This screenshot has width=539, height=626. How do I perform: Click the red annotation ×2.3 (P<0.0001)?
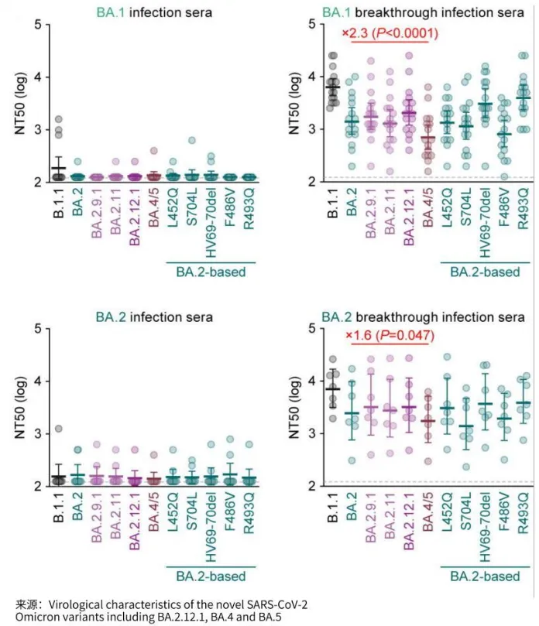pos(390,33)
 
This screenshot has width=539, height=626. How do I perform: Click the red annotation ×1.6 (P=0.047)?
pos(390,337)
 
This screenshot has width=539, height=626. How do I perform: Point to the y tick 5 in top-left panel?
pos(38,24)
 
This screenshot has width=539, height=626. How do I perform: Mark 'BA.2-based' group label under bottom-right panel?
pos(484,576)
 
